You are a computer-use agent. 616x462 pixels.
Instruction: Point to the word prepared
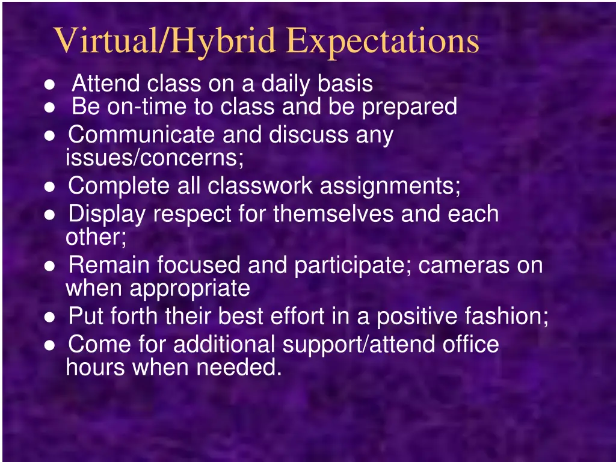[x=409, y=107]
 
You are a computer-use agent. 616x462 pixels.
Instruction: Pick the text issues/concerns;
[x=155, y=158]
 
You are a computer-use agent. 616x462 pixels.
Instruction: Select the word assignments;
[x=390, y=186]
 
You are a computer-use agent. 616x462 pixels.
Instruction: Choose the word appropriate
[x=190, y=289]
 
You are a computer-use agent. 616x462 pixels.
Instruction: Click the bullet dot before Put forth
[x=51, y=317]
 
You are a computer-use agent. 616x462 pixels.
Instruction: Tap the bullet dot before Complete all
[x=51, y=187]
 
